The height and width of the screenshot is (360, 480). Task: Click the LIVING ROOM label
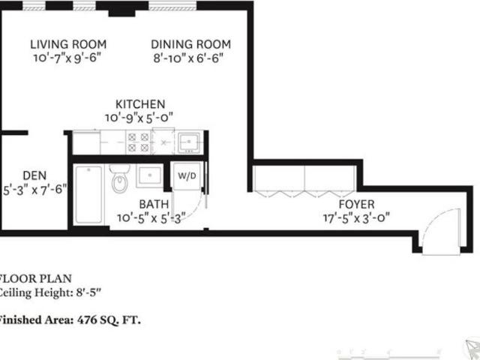point(67,44)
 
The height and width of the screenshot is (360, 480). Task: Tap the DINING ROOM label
point(190,44)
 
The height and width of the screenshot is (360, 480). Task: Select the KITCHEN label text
point(140,104)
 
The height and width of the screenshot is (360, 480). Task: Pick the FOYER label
point(355,204)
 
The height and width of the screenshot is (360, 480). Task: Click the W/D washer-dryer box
point(186,177)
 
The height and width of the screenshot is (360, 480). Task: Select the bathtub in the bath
point(88,193)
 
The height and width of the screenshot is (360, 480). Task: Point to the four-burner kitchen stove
point(137,142)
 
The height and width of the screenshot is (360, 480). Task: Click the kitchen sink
point(187,140)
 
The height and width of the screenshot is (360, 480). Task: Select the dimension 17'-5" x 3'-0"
point(355,218)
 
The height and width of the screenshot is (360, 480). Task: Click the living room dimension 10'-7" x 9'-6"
point(67,58)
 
